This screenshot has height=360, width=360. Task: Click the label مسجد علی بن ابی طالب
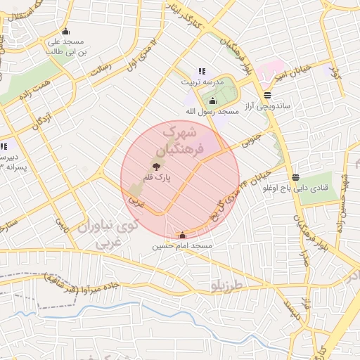(66, 46)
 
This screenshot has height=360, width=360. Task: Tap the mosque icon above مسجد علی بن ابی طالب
(66, 31)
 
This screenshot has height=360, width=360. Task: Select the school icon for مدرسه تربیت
(202, 71)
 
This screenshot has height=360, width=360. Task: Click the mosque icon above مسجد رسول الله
(213, 101)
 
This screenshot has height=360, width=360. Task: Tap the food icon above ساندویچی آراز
(267, 95)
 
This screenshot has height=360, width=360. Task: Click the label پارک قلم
(157, 179)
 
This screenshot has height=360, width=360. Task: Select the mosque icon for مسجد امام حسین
(184, 236)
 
